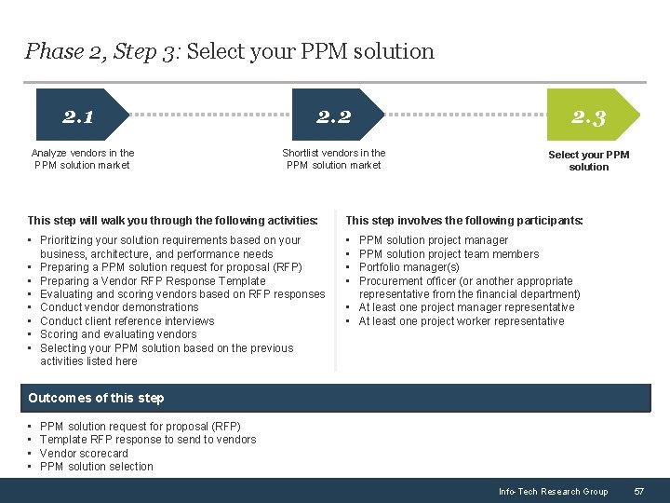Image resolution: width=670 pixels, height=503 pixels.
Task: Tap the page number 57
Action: click(x=638, y=491)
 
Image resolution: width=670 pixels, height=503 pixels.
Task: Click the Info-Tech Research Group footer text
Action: click(x=553, y=491)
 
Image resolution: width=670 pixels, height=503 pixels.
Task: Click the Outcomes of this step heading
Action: click(x=96, y=398)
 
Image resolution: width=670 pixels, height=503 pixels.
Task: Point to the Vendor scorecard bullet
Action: click(x=84, y=453)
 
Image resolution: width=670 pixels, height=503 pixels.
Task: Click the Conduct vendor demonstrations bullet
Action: click(x=119, y=307)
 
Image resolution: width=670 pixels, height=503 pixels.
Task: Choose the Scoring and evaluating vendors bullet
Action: click(x=118, y=334)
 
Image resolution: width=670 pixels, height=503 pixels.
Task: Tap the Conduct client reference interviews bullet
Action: click(x=127, y=320)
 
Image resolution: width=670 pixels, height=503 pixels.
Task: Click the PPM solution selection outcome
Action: click(x=97, y=467)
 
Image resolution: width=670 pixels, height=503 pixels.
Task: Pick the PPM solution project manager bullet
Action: click(x=433, y=240)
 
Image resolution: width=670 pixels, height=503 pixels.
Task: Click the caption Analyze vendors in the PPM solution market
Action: click(x=82, y=159)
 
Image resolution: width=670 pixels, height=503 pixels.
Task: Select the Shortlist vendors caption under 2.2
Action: click(x=334, y=159)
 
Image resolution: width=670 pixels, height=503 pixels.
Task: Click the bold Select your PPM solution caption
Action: click(x=588, y=160)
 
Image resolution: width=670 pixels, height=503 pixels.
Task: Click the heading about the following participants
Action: click(x=464, y=221)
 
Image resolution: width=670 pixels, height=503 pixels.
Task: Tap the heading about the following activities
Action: click(x=172, y=221)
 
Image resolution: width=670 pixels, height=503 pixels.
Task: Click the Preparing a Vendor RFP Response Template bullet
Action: click(x=153, y=280)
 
